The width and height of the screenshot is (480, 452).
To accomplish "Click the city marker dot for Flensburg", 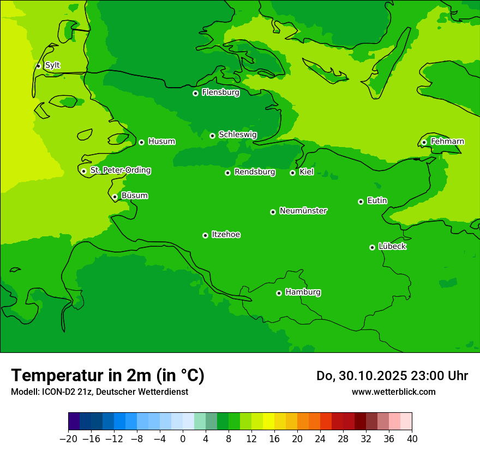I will pos(195,93).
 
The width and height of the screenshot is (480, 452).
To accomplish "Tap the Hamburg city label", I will pos(303,292).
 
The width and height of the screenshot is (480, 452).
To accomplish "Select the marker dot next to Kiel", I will pos(292,173).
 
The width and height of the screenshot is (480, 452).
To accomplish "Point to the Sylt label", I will pos(52,65).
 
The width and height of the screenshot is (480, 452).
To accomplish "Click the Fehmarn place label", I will pos(447,142).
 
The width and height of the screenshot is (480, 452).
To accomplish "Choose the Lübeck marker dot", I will pos(372,247).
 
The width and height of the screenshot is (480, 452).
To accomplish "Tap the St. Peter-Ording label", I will pos(120,170).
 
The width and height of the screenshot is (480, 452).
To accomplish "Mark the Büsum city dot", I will pos(115,197).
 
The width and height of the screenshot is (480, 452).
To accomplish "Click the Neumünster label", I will pos(303,211).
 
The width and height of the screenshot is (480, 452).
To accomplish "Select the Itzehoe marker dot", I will pos(205,235).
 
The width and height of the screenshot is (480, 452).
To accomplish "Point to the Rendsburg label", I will pos(255,172).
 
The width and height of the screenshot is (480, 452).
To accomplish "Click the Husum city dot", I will pos(141,142).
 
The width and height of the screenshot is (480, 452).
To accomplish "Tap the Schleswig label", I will pos(237,135).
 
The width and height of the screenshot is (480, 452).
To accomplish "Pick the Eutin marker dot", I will pos(361,201).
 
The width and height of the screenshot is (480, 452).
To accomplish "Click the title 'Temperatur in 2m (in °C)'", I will pos(107,376).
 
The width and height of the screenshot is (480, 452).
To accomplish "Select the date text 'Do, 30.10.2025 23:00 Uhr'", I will pos(392,376).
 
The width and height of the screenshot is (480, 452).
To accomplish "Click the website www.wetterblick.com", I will pos(393,392).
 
